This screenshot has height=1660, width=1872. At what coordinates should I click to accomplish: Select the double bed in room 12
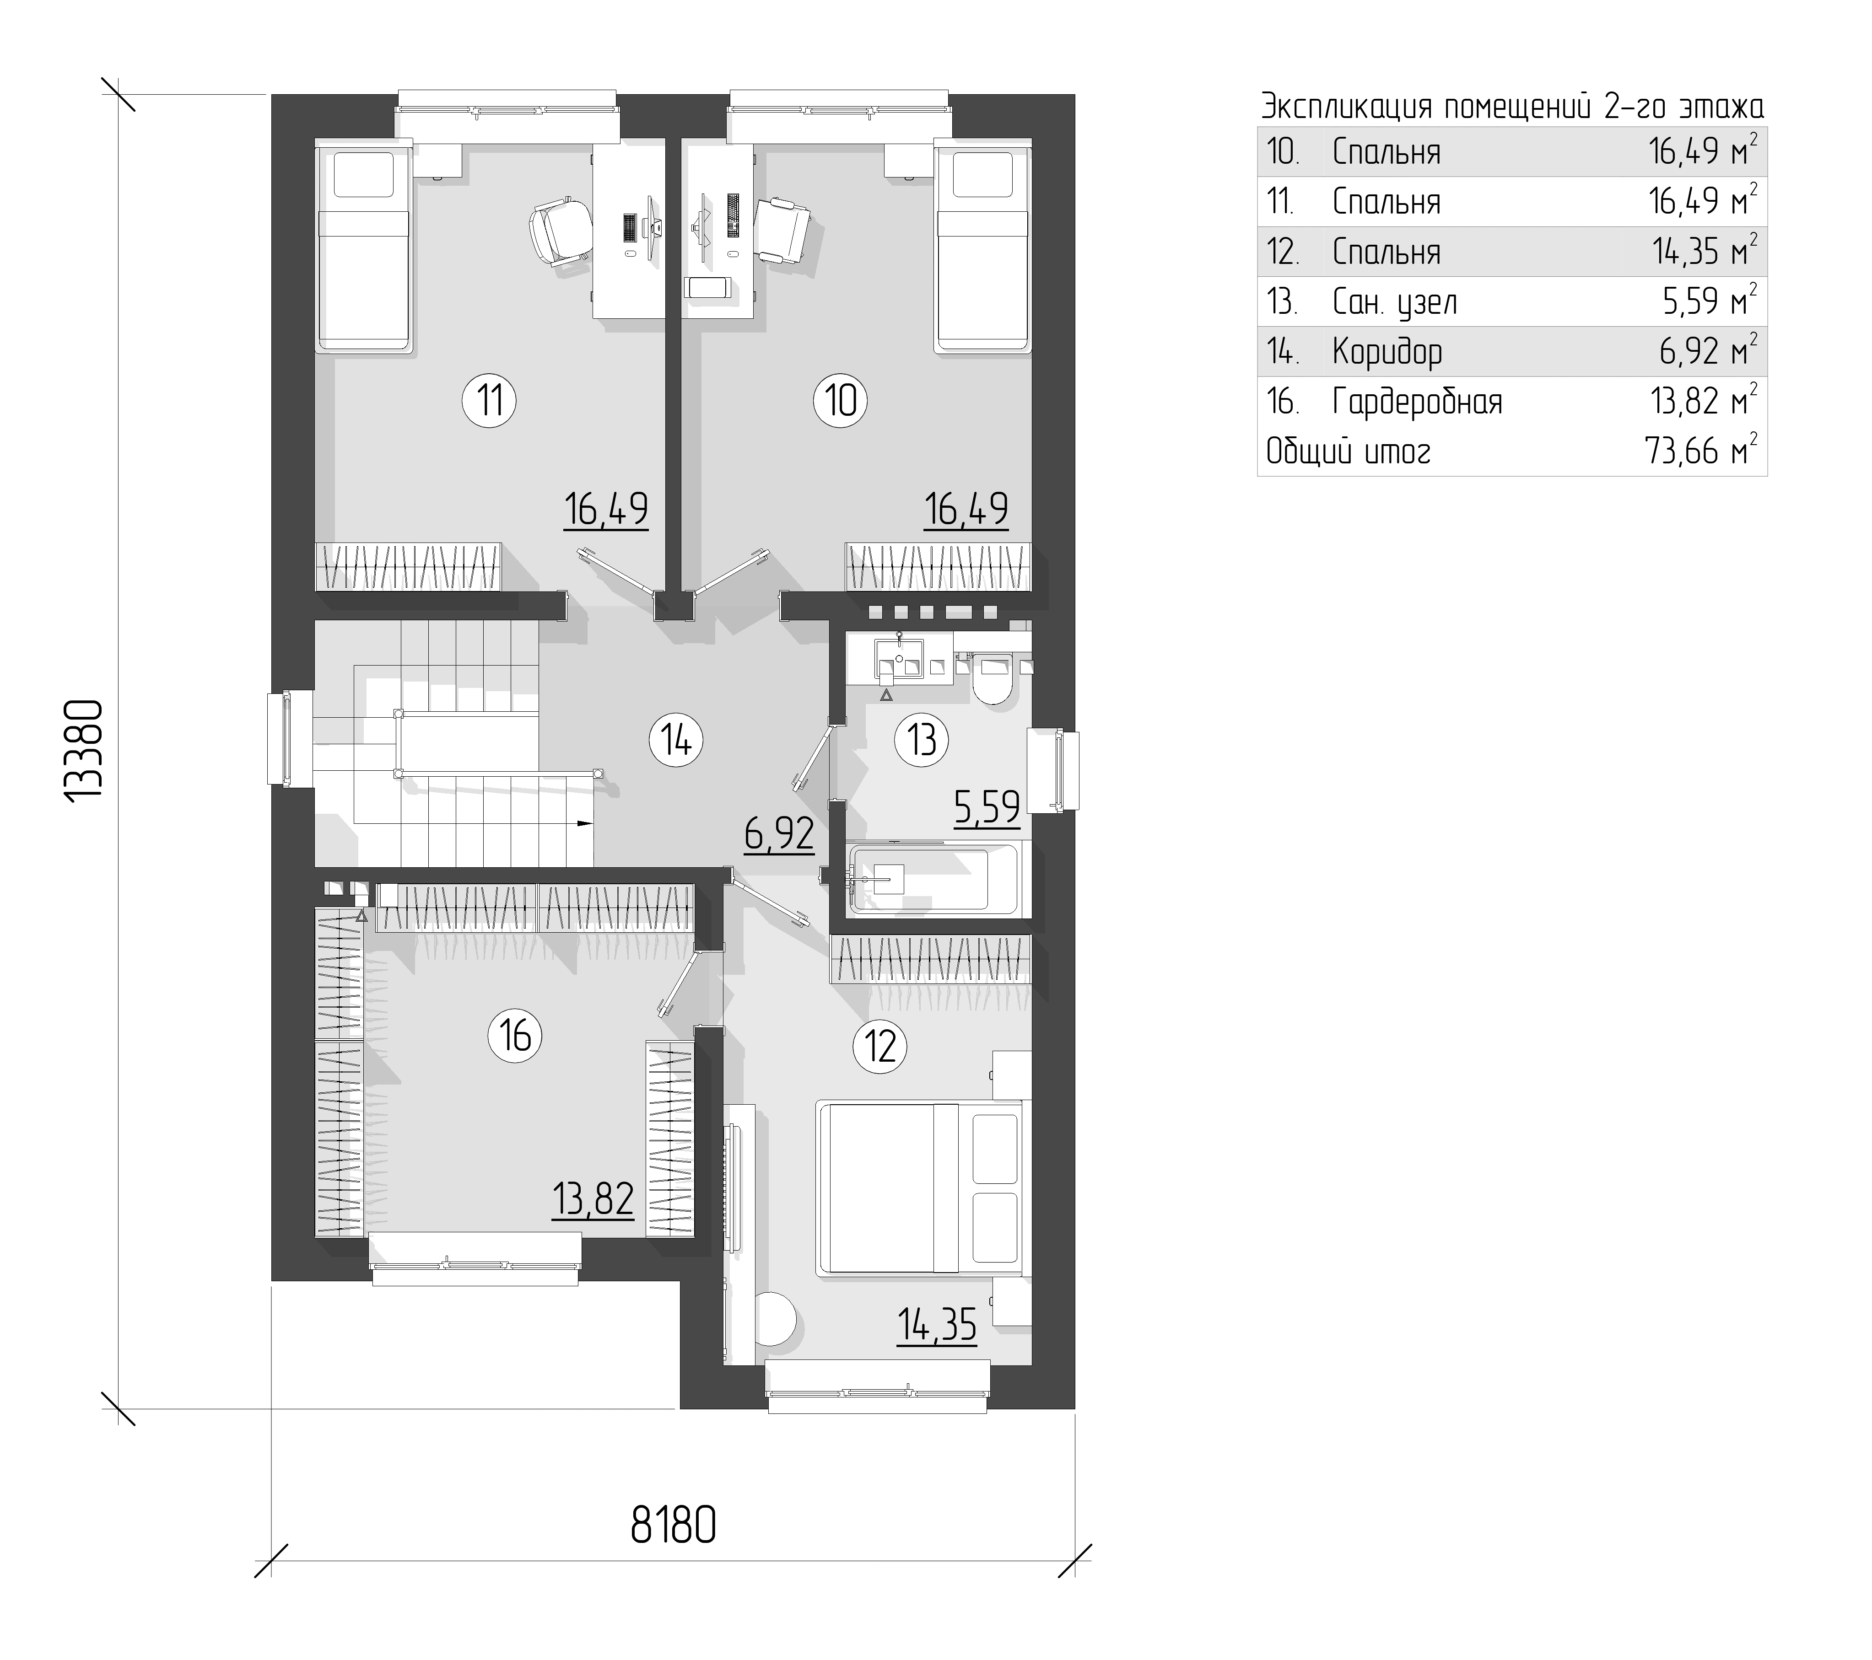(x=919, y=1188)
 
